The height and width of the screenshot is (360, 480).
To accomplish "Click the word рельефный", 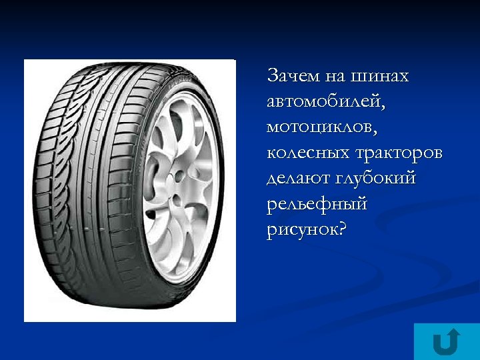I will tap(317, 205).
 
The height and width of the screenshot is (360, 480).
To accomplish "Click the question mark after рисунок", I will tap(343, 229).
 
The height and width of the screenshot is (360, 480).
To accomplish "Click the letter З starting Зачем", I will tap(273, 76).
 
